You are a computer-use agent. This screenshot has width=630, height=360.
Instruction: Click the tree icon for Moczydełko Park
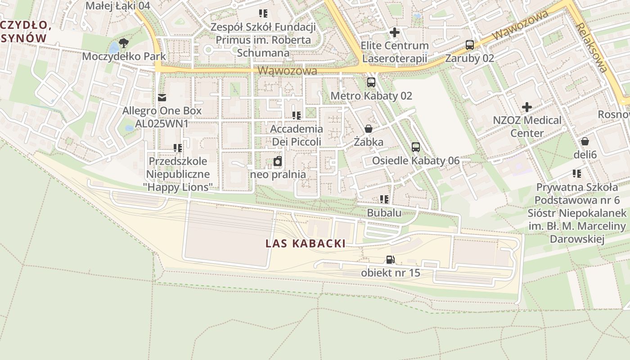(124, 43)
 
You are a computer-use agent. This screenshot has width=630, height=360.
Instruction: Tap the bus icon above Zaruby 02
(469, 45)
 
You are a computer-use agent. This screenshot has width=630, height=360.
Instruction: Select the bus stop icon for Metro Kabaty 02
(371, 82)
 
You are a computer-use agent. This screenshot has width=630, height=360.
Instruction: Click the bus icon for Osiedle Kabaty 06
(415, 147)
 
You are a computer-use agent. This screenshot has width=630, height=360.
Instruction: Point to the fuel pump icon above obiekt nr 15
(390, 259)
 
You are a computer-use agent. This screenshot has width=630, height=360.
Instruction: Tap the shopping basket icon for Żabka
(369, 129)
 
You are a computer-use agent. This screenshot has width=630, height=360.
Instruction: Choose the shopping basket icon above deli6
(585, 142)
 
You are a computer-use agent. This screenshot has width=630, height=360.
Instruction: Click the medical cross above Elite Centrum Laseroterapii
(394, 32)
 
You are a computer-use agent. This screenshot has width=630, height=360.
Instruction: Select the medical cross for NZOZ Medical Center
(526, 107)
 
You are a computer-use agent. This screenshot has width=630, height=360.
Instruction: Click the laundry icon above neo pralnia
(278, 161)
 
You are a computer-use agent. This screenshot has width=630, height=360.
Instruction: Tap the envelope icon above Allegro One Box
(162, 97)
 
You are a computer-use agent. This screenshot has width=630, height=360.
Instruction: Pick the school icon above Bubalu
(384, 199)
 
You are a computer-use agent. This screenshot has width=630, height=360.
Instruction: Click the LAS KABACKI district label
(306, 244)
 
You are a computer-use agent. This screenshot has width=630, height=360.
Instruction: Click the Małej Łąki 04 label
(117, 6)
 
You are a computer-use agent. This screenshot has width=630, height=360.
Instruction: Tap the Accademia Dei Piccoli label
(296, 135)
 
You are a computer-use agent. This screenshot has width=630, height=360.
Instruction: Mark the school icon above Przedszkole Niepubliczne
(178, 148)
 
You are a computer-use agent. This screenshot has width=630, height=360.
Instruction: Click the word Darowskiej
(576, 238)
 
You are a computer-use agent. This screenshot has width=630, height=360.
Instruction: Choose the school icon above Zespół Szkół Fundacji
(263, 13)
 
